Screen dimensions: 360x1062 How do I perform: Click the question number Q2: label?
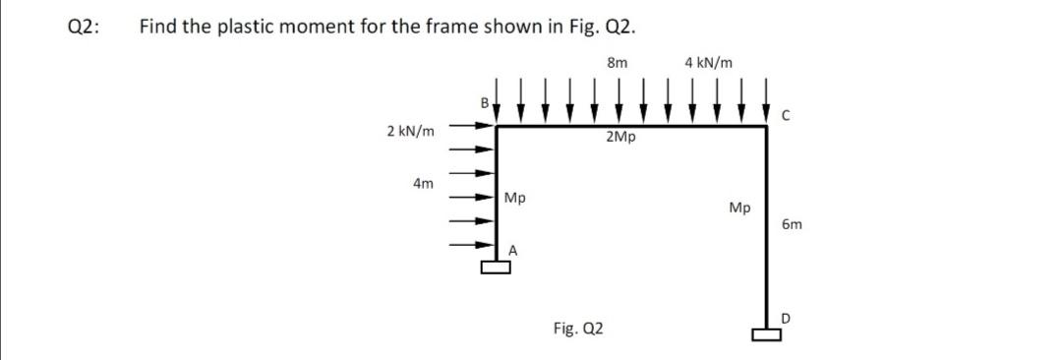(86, 28)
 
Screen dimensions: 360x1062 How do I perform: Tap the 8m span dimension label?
(619, 63)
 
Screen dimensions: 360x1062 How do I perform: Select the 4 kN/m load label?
(708, 63)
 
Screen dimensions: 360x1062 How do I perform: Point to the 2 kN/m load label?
(412, 130)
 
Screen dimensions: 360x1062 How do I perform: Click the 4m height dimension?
(423, 183)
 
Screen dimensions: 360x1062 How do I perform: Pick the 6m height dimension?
(793, 224)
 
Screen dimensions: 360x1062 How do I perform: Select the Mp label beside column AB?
(514, 199)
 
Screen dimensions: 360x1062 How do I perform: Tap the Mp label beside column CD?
(740, 208)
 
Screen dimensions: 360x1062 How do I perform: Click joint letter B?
(483, 101)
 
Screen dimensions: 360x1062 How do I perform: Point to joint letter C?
(785, 115)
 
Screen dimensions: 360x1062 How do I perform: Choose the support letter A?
(512, 250)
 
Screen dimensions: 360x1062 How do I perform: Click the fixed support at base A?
(498, 266)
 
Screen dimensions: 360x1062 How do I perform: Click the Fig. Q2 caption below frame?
(578, 328)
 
